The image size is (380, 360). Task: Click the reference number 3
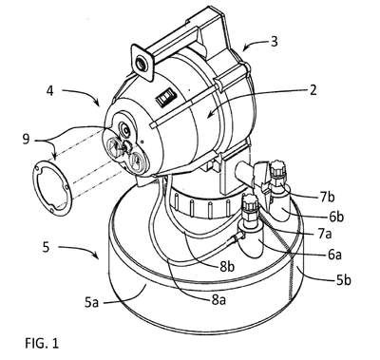[x=274, y=41]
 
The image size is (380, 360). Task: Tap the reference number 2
[x=313, y=90]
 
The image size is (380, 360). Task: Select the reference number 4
[x=49, y=91]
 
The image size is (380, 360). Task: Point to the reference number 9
[x=26, y=139]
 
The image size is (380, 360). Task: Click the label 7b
[x=327, y=198]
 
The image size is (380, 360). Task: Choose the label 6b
[x=335, y=218]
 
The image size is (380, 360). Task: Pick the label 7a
[x=326, y=235]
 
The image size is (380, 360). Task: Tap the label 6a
[x=334, y=255]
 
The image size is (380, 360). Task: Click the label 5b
[x=342, y=280]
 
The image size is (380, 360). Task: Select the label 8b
[x=227, y=267]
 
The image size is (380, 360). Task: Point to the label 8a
[x=218, y=299]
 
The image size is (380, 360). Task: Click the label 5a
[x=92, y=303]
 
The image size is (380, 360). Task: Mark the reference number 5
[x=47, y=247]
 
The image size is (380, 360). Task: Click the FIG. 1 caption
[x=42, y=343]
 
